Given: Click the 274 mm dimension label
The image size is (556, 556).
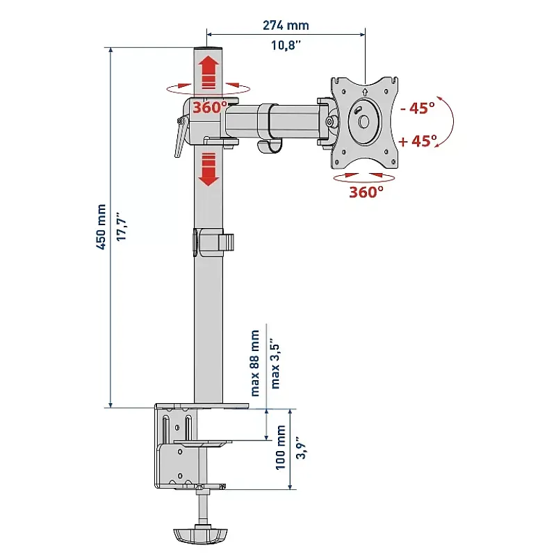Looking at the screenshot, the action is point(286,26).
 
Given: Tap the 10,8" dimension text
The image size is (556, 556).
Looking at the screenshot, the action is point(286,45).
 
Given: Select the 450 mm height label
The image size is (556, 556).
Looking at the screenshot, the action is point(101,227).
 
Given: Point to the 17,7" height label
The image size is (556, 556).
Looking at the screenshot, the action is point(122,227).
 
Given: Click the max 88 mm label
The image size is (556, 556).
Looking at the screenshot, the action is point(254,363).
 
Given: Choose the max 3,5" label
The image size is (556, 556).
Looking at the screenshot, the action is point(275,366).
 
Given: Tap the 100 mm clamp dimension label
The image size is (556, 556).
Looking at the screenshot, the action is point(281,448).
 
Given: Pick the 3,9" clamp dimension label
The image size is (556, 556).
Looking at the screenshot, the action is point(302,448).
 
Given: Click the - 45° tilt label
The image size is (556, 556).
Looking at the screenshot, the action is point(418,108).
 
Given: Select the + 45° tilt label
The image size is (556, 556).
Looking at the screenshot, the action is point(418,141).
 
